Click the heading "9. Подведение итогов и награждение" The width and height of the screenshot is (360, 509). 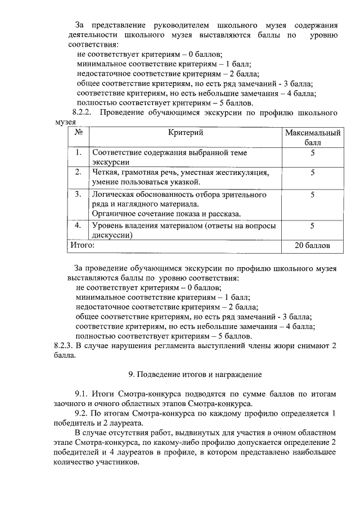(x=195, y=373)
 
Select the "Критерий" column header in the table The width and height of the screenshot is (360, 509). (x=185, y=133)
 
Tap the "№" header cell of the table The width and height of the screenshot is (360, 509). (x=79, y=133)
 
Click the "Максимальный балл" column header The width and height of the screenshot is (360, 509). (x=312, y=138)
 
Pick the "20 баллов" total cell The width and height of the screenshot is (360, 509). (x=312, y=246)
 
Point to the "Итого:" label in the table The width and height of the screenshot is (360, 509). (x=82, y=246)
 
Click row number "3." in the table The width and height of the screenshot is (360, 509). (x=79, y=195)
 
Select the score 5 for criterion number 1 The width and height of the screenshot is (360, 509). (x=312, y=153)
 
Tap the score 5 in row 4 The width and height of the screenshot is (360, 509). (x=312, y=226)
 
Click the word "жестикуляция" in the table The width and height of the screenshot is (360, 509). (x=250, y=172)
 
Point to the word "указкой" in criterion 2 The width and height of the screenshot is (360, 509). (x=184, y=182)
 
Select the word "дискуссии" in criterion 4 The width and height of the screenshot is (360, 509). (x=111, y=236)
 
